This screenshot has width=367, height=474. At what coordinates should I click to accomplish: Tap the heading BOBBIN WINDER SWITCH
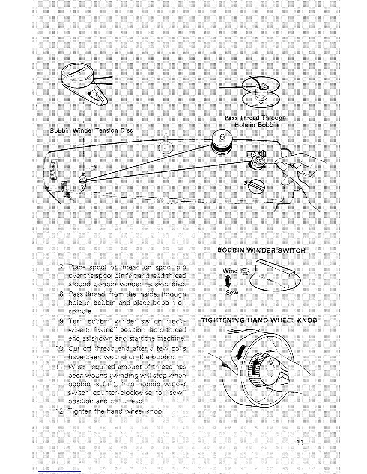[x=261, y=250]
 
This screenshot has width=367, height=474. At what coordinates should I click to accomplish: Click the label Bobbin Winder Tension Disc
[x=91, y=131]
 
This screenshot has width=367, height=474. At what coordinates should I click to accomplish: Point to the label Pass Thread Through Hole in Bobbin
[x=255, y=121]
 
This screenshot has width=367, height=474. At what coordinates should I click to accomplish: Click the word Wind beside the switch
[x=230, y=271]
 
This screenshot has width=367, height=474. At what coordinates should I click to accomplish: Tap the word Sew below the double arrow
[x=232, y=293]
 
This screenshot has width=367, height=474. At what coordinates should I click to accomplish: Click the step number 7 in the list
[x=62, y=267]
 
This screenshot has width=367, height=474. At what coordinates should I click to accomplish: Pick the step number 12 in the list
[x=60, y=411]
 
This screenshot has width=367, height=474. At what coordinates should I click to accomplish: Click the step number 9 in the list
[x=62, y=321]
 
